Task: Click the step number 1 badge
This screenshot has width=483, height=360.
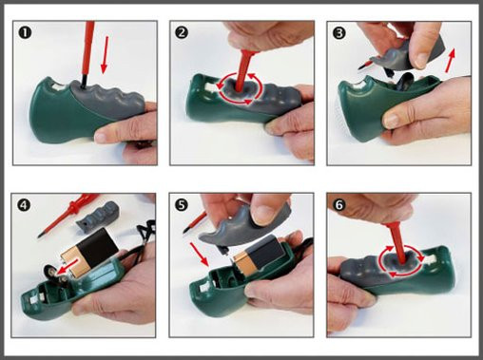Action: pyautogui.click(x=25, y=32)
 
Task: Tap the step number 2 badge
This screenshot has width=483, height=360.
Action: pyautogui.click(x=182, y=32)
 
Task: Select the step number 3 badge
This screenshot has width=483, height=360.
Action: pyautogui.click(x=339, y=32)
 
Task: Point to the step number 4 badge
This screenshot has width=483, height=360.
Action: pyautogui.click(x=24, y=205)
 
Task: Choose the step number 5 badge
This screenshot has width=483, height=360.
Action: pyautogui.click(x=182, y=205)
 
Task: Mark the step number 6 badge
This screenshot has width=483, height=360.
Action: pyautogui.click(x=339, y=205)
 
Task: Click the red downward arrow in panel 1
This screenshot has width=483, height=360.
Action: pyautogui.click(x=105, y=54)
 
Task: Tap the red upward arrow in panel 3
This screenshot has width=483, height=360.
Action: pyautogui.click(x=451, y=60)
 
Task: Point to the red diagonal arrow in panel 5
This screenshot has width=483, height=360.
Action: pyautogui.click(x=199, y=254)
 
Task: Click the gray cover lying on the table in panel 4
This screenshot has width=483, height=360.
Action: pyautogui.click(x=98, y=216)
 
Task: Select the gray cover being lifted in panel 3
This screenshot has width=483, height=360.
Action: pyautogui.click(x=409, y=55)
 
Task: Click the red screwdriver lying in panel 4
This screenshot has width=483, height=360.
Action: pyautogui.click(x=68, y=216)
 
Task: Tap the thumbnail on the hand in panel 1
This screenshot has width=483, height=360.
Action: pyautogui.click(x=101, y=137)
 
